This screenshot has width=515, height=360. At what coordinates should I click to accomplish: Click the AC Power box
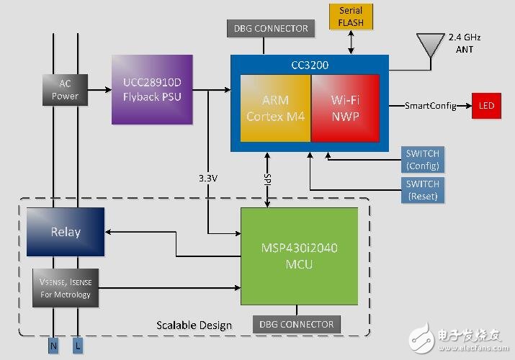click(65, 90)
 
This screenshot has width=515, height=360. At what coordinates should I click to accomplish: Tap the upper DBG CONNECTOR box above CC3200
click(271, 29)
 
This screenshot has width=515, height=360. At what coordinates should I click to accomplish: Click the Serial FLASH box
click(351, 17)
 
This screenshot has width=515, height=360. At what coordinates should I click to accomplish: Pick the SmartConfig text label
click(431, 106)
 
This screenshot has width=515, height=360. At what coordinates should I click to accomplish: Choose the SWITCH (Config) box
click(422, 160)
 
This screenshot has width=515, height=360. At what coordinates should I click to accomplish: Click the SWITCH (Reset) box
click(422, 190)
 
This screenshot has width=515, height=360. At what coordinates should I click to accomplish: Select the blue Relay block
click(65, 232)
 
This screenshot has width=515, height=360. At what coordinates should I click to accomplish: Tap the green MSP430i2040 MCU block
click(299, 256)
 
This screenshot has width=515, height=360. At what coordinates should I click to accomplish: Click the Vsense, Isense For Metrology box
click(65, 287)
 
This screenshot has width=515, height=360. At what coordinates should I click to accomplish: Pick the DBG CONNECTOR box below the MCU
click(297, 324)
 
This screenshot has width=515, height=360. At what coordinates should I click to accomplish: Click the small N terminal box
click(54, 346)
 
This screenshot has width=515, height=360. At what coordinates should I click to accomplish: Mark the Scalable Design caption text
click(194, 325)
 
